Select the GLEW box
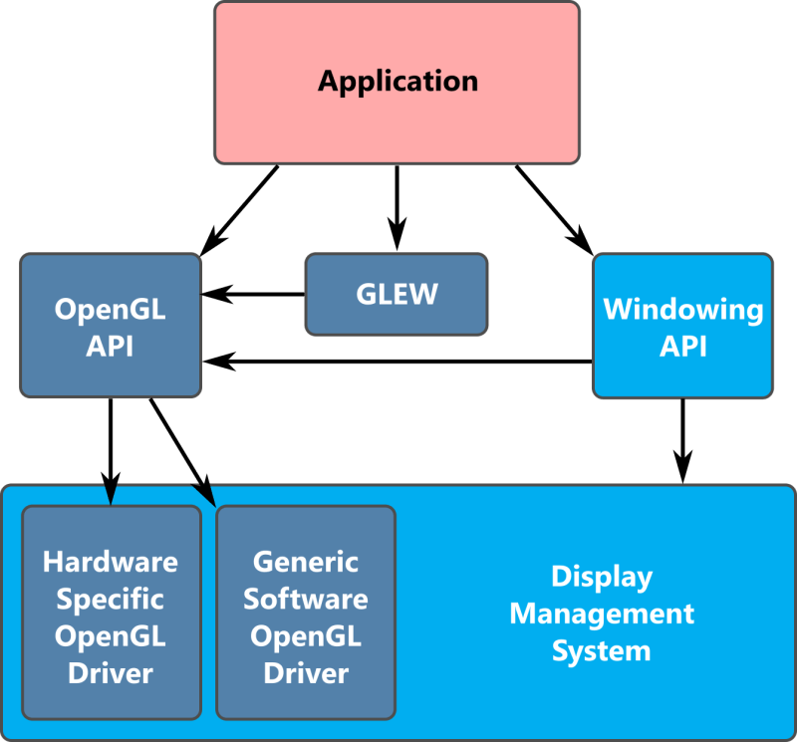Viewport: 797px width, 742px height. (397, 294)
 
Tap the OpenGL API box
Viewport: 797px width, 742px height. (110, 327)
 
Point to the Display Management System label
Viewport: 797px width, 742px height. (602, 614)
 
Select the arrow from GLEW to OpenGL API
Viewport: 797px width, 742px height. (254, 294)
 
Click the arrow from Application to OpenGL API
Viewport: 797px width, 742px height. (242, 210)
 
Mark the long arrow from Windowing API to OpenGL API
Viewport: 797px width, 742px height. (398, 361)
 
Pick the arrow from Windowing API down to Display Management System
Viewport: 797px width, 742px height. (682, 438)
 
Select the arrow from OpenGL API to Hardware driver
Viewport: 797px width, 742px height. (110, 448)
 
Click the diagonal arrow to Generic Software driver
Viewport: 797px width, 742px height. (181, 448)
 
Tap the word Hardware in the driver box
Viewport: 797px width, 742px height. (111, 561)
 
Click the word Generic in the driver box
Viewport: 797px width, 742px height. (306, 561)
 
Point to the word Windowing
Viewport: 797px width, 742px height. (683, 309)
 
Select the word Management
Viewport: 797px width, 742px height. (602, 614)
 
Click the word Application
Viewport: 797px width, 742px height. (398, 80)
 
